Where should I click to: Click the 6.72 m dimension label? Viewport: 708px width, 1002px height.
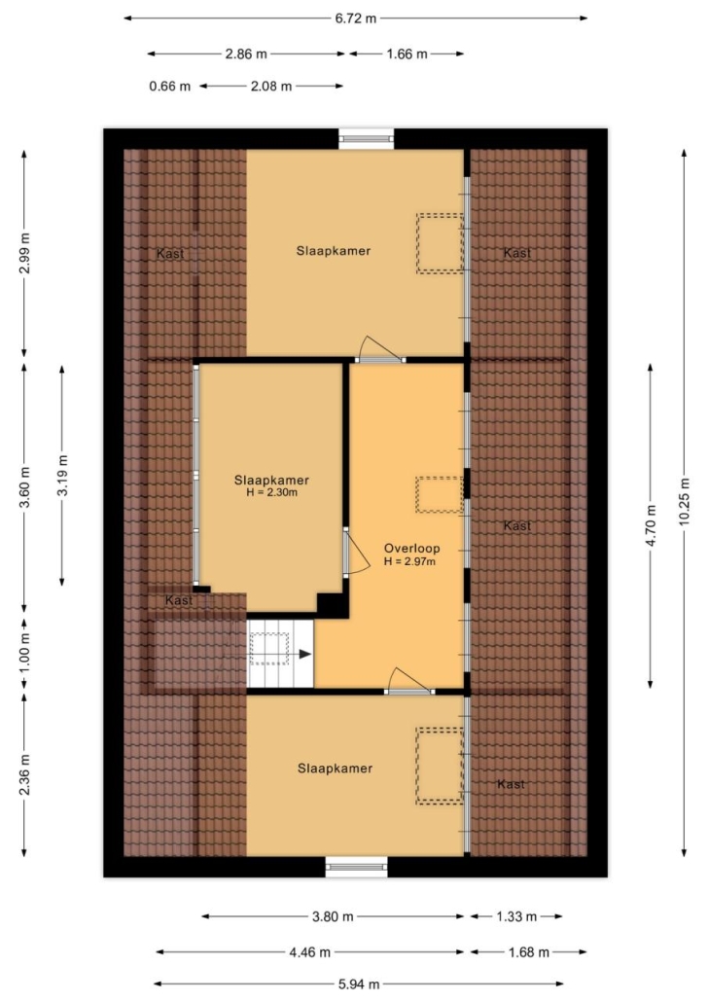(x=356, y=18)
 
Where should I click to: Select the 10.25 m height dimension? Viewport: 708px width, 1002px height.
(x=685, y=502)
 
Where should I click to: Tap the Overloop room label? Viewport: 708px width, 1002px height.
(x=411, y=549)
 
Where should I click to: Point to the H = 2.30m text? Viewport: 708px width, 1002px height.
(x=271, y=492)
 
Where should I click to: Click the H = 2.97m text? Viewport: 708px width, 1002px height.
(x=409, y=561)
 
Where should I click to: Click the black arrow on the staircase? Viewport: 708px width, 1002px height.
(x=304, y=654)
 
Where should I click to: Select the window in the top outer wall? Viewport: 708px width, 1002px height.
(x=366, y=139)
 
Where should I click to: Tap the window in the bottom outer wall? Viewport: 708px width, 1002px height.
(x=357, y=867)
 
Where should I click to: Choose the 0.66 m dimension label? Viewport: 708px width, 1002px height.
(x=170, y=87)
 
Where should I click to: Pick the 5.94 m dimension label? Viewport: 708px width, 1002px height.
(x=358, y=984)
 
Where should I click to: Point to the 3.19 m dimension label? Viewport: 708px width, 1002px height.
(x=62, y=475)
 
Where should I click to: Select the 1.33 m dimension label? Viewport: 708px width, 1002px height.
(x=517, y=917)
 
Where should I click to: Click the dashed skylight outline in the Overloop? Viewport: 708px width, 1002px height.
(x=440, y=494)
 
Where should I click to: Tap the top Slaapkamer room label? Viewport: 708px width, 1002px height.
(x=334, y=251)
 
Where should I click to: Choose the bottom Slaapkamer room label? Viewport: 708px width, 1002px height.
(x=335, y=769)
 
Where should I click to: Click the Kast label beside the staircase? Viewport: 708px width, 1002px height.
(x=179, y=600)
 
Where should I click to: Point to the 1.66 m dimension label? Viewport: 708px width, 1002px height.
(x=407, y=54)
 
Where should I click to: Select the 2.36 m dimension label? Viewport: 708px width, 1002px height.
(x=24, y=775)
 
